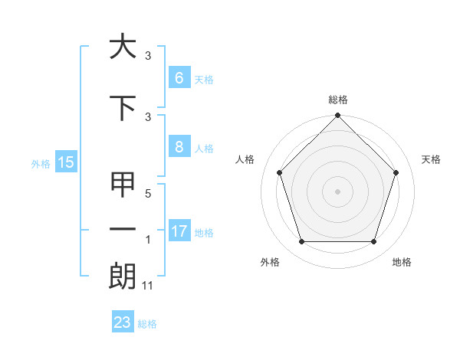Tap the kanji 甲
(123, 185)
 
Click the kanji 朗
(123, 276)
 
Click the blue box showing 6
(179, 78)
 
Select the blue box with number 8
(179, 148)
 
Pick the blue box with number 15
(65, 162)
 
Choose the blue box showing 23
(122, 322)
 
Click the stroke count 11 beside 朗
(149, 286)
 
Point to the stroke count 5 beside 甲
(148, 195)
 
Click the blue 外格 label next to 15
(41, 163)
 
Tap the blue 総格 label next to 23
(147, 324)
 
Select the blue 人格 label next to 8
(203, 149)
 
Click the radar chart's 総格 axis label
(337, 100)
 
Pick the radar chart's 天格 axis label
(432, 159)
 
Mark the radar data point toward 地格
(374, 242)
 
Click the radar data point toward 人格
(279, 172)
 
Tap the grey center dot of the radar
(337, 191)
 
